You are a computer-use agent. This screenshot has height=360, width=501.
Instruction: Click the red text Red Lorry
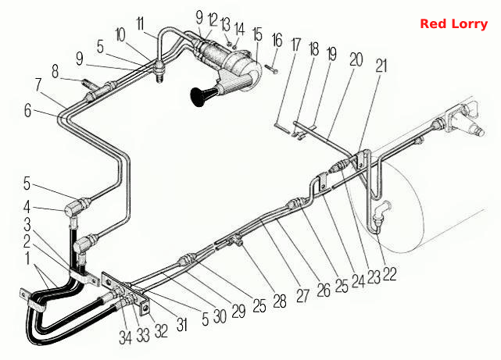pyautogui.click(x=453, y=24)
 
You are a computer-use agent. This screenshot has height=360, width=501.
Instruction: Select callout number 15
pyautogui.click(x=258, y=35)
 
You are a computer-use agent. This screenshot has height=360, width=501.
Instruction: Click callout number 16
pyautogui.click(x=277, y=40)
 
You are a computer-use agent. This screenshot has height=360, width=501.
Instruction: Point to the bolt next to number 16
pyautogui.click(x=271, y=69)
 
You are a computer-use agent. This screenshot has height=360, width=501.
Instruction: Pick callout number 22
pyautogui.click(x=389, y=273)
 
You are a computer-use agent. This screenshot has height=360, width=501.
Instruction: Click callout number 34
pyautogui.click(x=125, y=337)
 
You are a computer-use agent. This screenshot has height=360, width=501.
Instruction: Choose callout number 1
pyautogui.click(x=28, y=258)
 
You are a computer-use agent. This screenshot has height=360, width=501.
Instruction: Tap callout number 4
pyautogui.click(x=27, y=207)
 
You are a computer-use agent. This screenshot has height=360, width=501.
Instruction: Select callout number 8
pyautogui.click(x=55, y=72)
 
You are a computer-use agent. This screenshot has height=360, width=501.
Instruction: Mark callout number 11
pyautogui.click(x=140, y=23)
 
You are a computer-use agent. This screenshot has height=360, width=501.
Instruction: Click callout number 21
pyautogui.click(x=381, y=66)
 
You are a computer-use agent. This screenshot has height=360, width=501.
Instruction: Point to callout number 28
pyautogui.click(x=280, y=301)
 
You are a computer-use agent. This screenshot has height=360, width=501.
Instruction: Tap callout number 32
pyautogui.click(x=161, y=331)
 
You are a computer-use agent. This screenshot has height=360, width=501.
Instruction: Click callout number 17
pyautogui.click(x=296, y=45)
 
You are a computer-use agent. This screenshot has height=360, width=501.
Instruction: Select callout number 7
pyautogui.click(x=38, y=84)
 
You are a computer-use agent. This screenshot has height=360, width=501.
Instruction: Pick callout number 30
pyautogui.click(x=220, y=316)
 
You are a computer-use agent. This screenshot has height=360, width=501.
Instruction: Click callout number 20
pyautogui.click(x=356, y=59)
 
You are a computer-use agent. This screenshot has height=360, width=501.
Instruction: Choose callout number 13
pyautogui.click(x=225, y=24)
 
